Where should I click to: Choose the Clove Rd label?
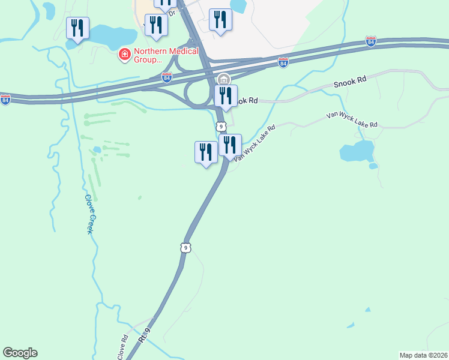pyautogui.click(x=123, y=346)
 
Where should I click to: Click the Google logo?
pyautogui.click(x=20, y=353)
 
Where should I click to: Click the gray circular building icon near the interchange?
pyautogui.click(x=224, y=79)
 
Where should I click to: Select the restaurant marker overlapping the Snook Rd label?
pyautogui.click(x=226, y=96)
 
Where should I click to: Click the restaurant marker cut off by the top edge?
pyautogui.click(x=165, y=4)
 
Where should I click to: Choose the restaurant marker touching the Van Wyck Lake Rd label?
pyautogui.click(x=229, y=146)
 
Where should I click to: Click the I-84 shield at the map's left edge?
pyautogui.click(x=5, y=99)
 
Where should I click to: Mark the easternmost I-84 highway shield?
pyautogui.click(x=371, y=41)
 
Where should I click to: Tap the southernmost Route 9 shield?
pyautogui.click(x=185, y=247)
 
